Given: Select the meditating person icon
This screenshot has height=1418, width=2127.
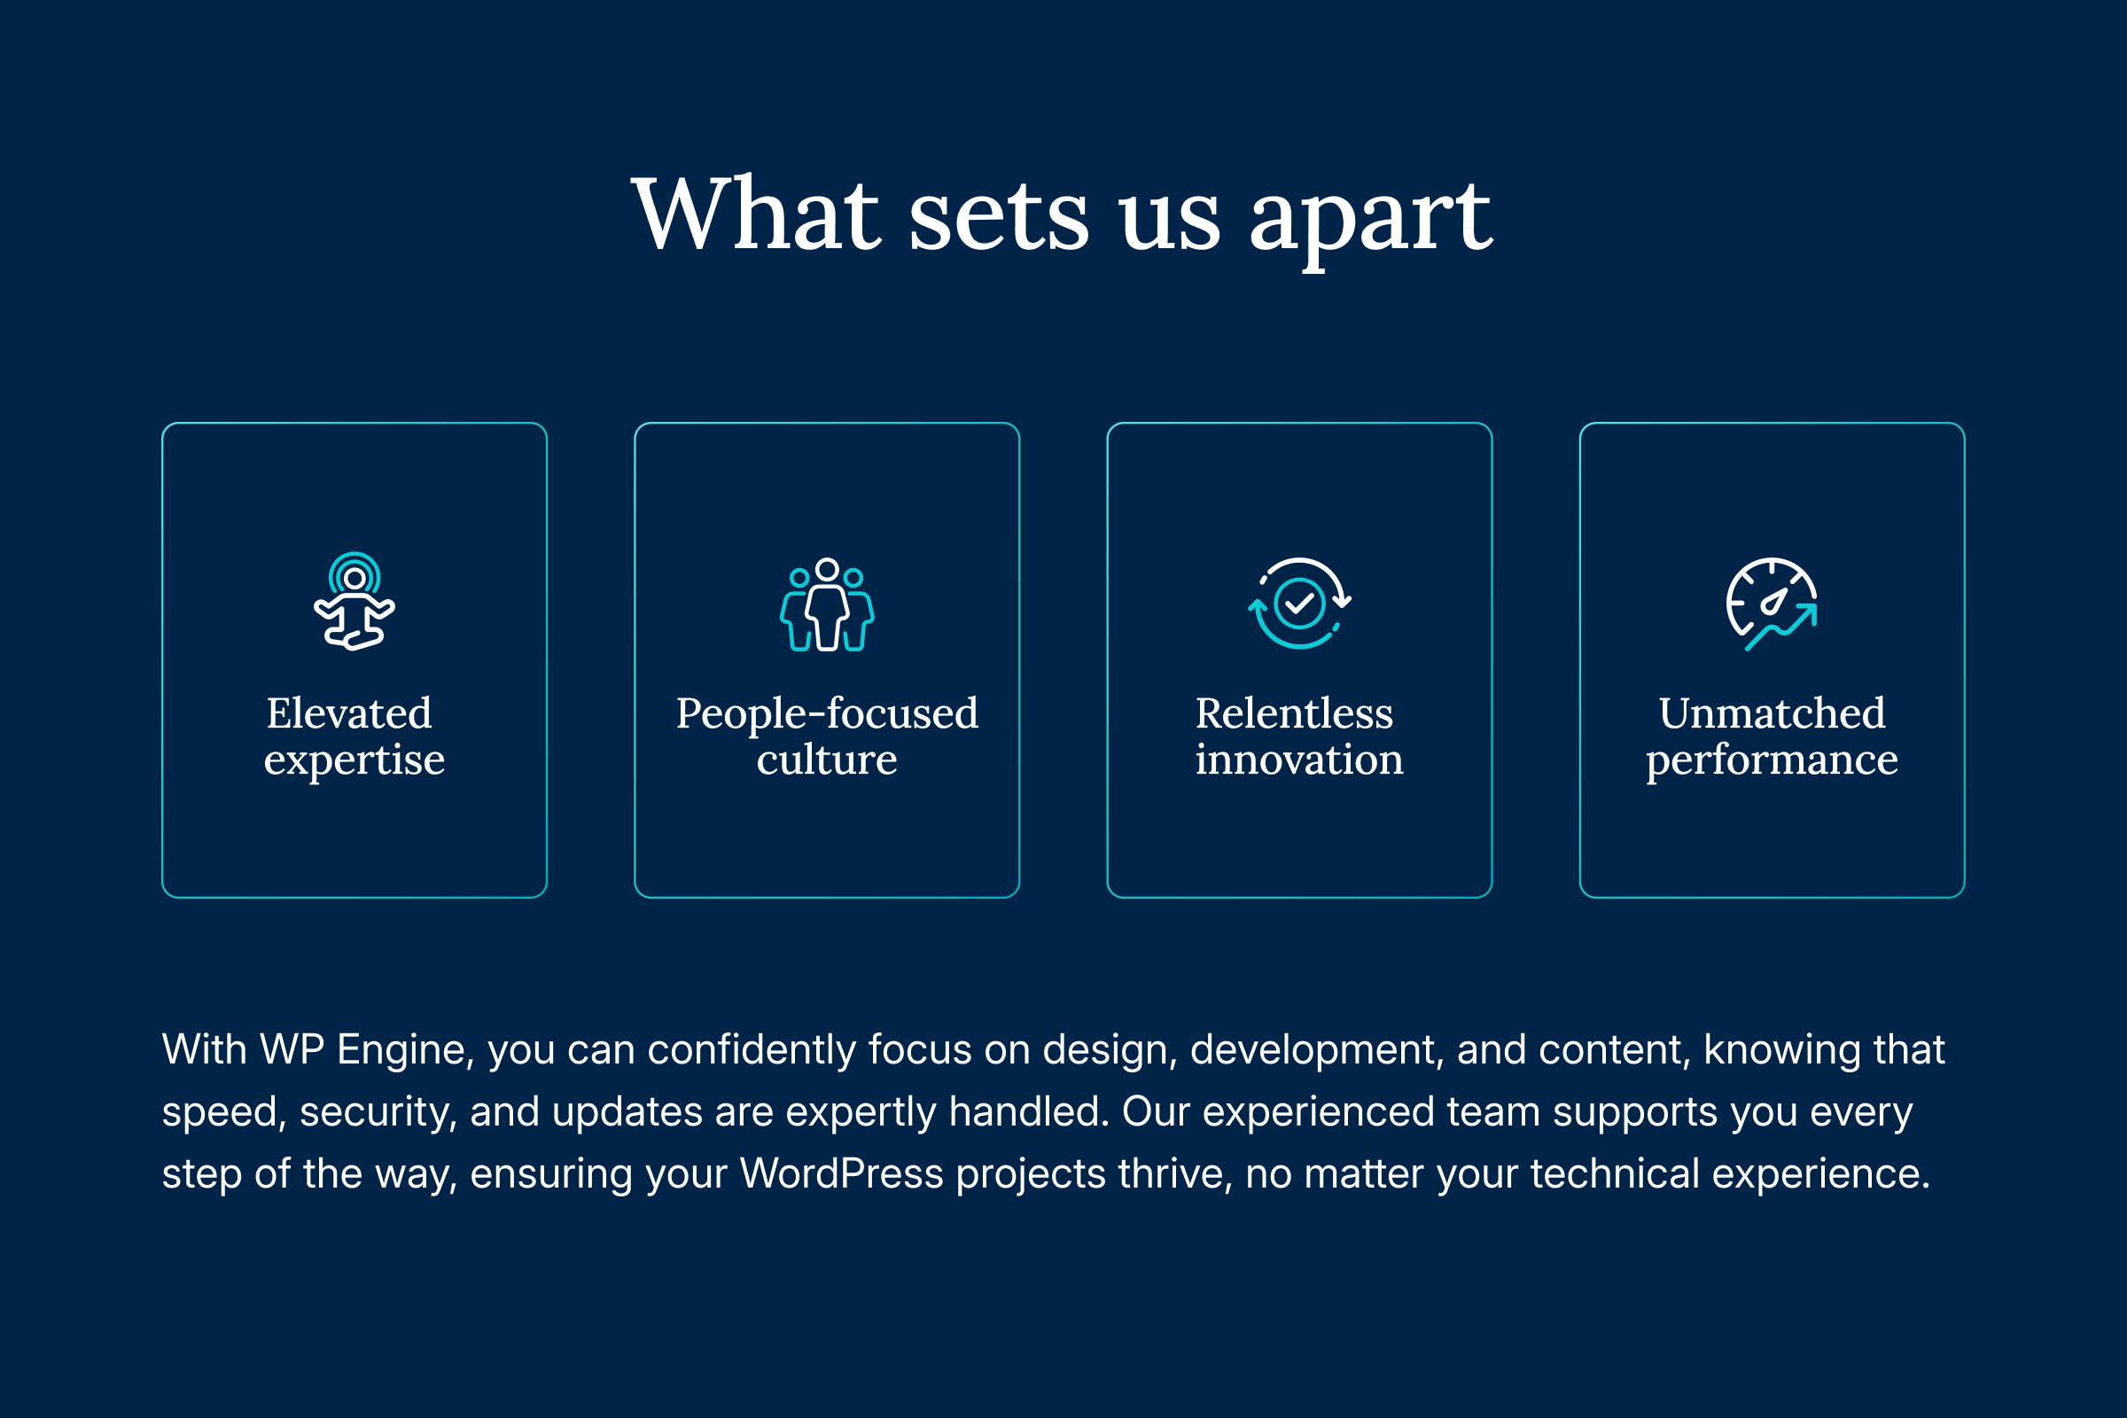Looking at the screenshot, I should [354, 602].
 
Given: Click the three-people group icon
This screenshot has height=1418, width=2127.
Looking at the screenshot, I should [827, 604].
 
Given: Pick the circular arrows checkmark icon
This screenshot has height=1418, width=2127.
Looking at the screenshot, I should [1299, 604].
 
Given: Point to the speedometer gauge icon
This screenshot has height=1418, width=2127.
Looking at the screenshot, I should [1772, 604].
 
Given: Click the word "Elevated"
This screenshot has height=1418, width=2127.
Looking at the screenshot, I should [349, 713].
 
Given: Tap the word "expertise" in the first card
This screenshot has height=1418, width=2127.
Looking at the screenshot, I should [354, 760].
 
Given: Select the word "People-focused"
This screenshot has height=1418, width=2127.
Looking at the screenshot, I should [827, 713].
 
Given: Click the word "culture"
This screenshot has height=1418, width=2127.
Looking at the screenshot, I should [827, 760].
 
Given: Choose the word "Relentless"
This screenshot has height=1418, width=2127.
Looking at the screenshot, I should [1294, 713].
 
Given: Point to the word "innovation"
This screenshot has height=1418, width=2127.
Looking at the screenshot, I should [1299, 760].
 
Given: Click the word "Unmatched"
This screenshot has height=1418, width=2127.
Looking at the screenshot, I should [1772, 713].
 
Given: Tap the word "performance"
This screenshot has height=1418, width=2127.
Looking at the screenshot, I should [1772, 760].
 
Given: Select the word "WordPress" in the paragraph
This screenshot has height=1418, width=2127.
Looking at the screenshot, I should [841, 1173].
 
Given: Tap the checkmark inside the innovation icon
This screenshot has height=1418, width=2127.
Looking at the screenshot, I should [1299, 604].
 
